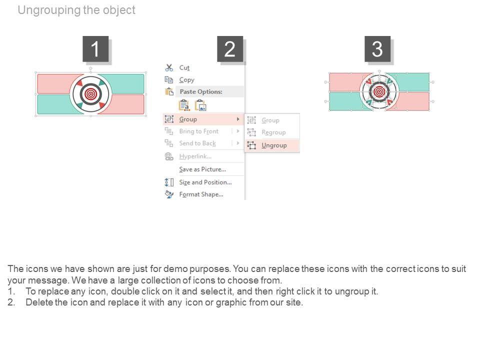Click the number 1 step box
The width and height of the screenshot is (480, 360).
click(95, 49)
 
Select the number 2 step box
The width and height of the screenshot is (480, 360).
click(230, 49)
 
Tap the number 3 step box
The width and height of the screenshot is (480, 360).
click(377, 49)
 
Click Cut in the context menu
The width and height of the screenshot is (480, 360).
click(184, 67)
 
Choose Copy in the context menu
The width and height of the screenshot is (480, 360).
click(186, 80)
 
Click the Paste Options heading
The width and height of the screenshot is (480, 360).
click(201, 91)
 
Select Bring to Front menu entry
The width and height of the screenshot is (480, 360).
click(199, 131)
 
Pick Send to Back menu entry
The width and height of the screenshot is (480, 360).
click(197, 143)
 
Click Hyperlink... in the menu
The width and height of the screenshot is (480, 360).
click(195, 156)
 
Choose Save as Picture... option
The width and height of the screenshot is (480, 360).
click(202, 169)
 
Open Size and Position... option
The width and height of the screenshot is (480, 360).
click(205, 182)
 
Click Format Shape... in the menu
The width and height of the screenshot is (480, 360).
click(201, 194)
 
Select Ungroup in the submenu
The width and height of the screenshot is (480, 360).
click(274, 145)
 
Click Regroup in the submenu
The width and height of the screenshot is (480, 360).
click(273, 132)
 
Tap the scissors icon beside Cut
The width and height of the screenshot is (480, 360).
click(169, 67)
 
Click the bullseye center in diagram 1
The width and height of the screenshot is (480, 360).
click(90, 94)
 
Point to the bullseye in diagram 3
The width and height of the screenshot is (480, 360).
click(379, 91)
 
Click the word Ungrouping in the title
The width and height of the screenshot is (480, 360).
click(48, 10)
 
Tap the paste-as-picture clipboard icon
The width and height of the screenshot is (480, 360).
click(201, 105)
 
